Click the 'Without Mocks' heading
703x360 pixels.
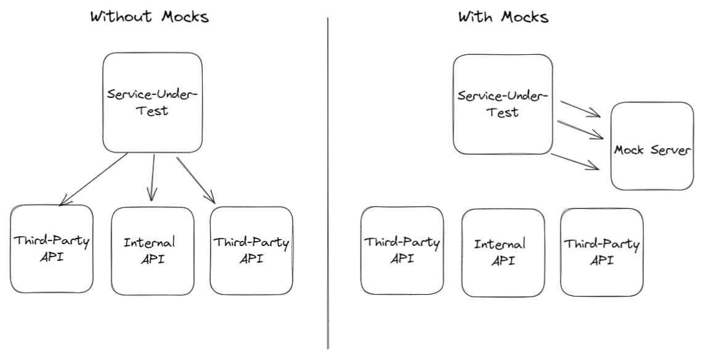click(150, 17)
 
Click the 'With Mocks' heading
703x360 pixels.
click(503, 17)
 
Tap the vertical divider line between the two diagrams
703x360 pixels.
click(327, 185)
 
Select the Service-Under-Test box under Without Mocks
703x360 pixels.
click(153, 102)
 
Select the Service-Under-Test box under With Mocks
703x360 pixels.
click(503, 104)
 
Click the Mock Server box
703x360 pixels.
click(652, 146)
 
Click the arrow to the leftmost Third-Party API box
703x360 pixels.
click(92, 179)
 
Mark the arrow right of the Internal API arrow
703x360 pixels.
click(196, 180)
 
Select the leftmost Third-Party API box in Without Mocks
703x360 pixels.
click(52, 249)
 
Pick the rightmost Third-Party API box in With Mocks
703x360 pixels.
click(601, 251)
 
